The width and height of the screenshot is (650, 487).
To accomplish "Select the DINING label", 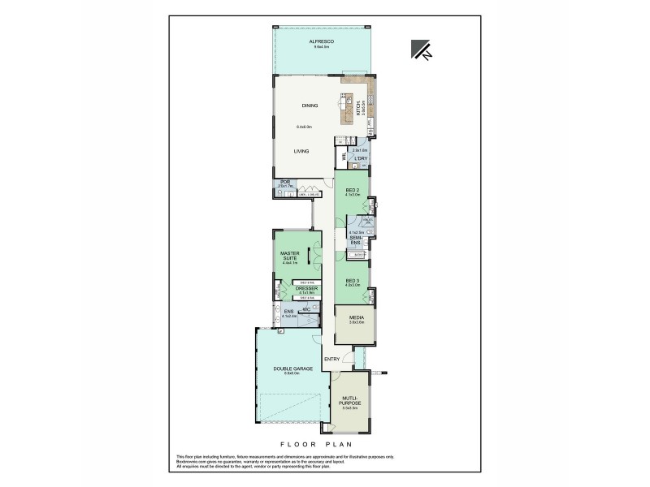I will [x=310, y=106].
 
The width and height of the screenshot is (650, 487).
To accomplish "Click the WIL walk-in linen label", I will [x=344, y=155].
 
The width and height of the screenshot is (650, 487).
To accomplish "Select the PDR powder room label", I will [x=284, y=183].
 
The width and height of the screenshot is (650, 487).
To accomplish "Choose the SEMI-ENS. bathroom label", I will [x=355, y=240].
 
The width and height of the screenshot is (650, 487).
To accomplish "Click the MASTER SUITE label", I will [x=290, y=256].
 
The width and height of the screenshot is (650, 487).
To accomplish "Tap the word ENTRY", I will [x=331, y=359].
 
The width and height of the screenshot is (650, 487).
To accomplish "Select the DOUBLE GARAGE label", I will [x=287, y=368].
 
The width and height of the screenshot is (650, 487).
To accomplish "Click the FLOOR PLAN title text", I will [x=324, y=446].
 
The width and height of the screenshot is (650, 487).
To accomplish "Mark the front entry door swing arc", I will [x=348, y=358].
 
